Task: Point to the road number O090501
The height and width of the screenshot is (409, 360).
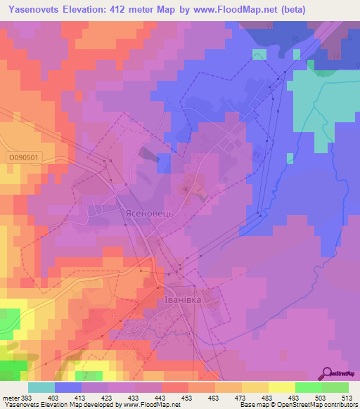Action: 27,159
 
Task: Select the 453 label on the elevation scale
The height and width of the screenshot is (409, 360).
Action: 186,398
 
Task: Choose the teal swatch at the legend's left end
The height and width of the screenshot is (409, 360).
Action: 41,387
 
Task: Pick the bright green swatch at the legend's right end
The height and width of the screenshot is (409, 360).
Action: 335,387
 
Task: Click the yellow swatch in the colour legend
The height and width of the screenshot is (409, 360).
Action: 282,387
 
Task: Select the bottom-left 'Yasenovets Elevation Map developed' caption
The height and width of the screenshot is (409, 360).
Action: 49,405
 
